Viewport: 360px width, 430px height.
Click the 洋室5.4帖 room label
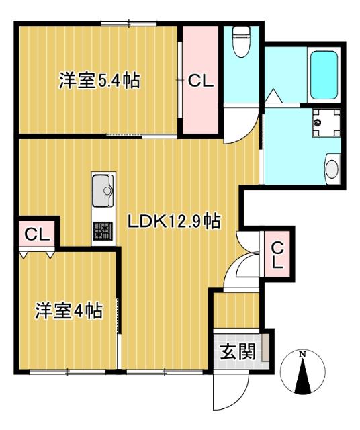point(99,81)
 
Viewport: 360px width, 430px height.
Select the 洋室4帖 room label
point(69,311)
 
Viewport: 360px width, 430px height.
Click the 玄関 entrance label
point(237,351)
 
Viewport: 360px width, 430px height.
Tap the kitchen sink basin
point(103,187)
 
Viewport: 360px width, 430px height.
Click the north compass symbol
point(303,372)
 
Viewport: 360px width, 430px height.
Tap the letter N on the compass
point(303,354)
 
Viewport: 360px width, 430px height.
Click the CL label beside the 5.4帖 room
point(199,82)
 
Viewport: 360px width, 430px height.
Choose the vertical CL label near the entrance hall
point(277,255)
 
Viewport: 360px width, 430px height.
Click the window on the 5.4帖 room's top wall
point(128,24)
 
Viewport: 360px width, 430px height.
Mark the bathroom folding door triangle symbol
point(273,95)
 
